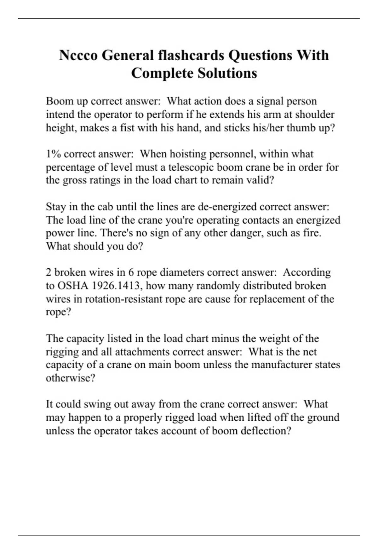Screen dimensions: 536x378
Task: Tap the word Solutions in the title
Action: point(227,73)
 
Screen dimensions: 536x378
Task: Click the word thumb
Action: point(300,128)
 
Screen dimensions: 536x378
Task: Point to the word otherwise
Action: point(70,378)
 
